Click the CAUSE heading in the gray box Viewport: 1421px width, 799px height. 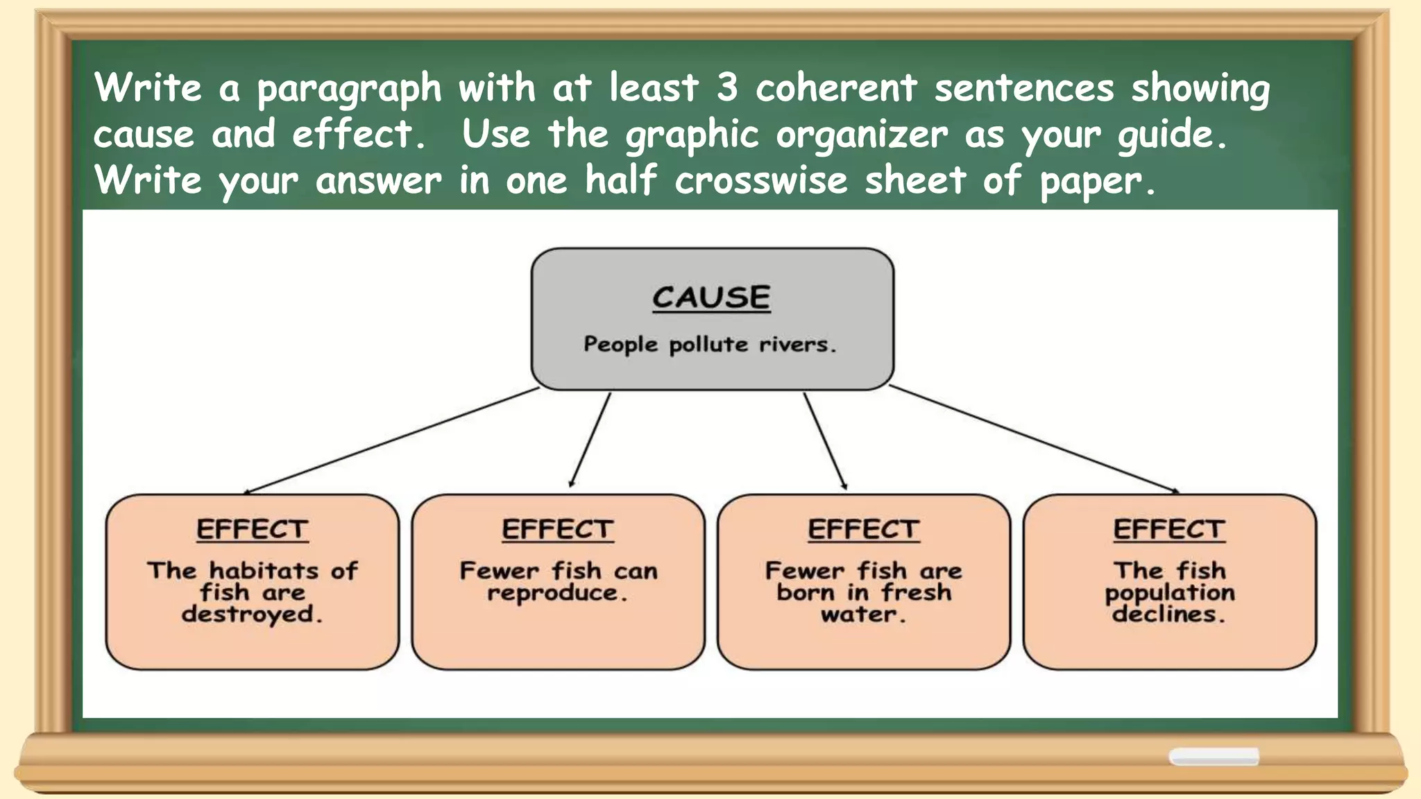(x=711, y=298)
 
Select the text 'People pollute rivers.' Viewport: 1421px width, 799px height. (x=710, y=344)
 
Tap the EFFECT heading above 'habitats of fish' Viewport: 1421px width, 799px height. (x=252, y=530)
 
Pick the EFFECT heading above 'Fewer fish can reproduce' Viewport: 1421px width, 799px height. (x=558, y=530)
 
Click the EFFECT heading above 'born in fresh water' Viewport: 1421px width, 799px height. (x=864, y=530)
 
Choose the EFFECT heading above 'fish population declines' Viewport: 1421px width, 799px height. (x=1169, y=530)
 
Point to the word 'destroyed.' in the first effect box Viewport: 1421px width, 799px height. (x=252, y=615)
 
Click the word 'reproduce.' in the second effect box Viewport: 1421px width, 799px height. (x=557, y=593)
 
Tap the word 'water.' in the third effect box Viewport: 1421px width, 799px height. (x=863, y=615)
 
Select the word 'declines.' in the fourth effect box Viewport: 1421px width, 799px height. (x=1169, y=615)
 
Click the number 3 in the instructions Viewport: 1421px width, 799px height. (x=726, y=88)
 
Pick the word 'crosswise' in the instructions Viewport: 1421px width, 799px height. (x=761, y=180)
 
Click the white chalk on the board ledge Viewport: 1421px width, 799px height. (x=1214, y=757)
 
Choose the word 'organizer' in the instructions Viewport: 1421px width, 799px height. (x=861, y=135)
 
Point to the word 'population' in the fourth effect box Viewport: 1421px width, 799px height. (x=1170, y=593)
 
